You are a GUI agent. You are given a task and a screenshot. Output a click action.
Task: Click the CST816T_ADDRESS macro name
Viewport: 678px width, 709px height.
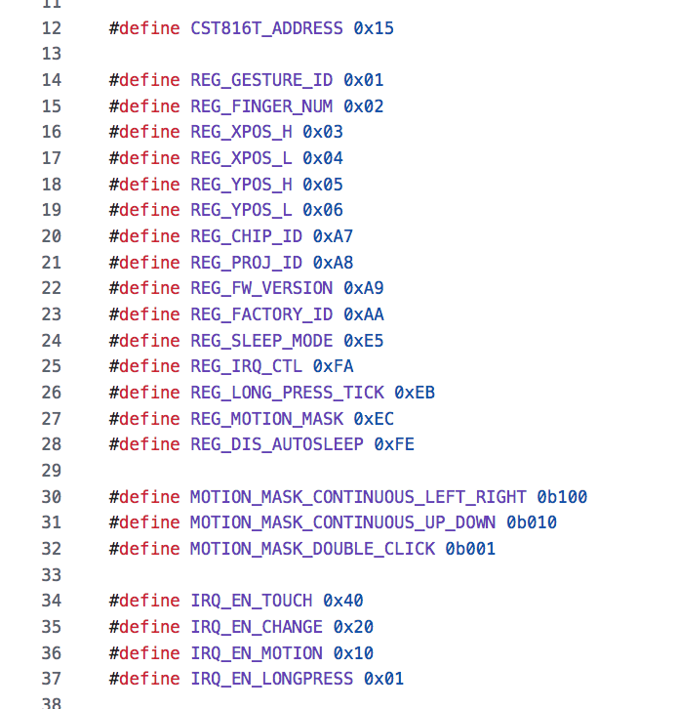tap(266, 28)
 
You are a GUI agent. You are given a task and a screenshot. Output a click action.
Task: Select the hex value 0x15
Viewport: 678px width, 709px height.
tap(374, 28)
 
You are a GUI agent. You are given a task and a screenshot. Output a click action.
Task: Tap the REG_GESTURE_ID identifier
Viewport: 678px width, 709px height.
tap(261, 80)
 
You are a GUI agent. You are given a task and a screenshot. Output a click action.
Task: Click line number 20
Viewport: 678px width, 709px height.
tap(52, 236)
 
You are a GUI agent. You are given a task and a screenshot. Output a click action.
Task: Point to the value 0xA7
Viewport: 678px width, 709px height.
tap(333, 236)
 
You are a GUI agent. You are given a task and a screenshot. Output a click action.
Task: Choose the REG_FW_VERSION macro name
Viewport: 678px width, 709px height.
tap(261, 288)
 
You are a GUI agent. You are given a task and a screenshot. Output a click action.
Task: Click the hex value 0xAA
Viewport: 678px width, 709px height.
tap(364, 314)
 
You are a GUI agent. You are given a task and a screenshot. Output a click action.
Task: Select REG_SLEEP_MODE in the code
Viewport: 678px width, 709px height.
tap(261, 341)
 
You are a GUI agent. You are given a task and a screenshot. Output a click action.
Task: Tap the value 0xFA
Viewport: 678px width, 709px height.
tap(333, 366)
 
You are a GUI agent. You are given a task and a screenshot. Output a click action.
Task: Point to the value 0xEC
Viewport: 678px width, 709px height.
tap(374, 419)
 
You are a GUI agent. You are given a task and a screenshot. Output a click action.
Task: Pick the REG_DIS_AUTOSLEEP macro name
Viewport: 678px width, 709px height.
tap(277, 444)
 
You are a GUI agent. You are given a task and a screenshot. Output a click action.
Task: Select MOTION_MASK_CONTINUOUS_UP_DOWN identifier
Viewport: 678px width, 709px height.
tap(343, 522)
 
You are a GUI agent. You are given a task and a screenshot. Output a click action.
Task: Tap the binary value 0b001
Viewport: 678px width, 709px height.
tap(470, 549)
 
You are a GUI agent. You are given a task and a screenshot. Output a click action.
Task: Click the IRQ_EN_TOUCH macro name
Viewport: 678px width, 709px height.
tap(252, 601)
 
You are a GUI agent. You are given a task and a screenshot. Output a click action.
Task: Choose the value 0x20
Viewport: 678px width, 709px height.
tap(353, 627)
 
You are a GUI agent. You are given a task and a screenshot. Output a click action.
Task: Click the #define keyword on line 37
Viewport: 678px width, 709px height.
tap(144, 679)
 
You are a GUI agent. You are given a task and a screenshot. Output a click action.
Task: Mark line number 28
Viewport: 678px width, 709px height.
tap(52, 444)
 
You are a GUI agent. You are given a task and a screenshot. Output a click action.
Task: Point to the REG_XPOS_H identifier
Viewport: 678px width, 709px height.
tap(241, 132)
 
